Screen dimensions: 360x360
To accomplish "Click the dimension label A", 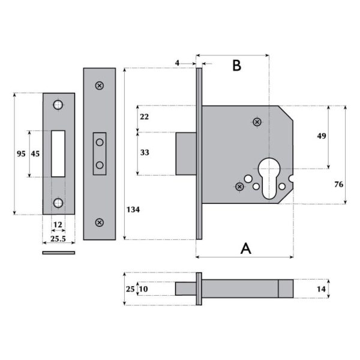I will click(x=245, y=248).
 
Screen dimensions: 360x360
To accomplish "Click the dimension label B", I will click(x=236, y=66).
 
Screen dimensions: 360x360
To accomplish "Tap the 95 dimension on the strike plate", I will click(x=20, y=154).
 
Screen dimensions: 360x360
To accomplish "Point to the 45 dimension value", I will click(x=35, y=154).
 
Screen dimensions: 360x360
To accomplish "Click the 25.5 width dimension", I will click(x=58, y=238).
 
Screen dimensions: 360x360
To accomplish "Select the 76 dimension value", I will click(x=338, y=185).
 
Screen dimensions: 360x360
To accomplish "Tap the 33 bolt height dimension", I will click(x=145, y=152).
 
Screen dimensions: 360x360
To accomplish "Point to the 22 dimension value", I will click(x=145, y=116).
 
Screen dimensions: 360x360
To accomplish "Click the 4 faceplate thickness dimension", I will click(x=178, y=62).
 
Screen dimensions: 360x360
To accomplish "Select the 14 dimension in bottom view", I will click(x=322, y=289).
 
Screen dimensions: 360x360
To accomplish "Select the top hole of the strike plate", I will click(x=58, y=106).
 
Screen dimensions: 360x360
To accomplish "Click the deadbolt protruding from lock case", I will click(x=185, y=154).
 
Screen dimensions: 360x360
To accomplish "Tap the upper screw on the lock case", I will click(x=257, y=122).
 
